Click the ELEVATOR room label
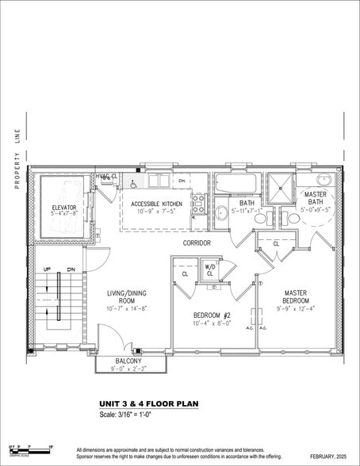[63, 207]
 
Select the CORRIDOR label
[196, 243]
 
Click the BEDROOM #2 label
[213, 315]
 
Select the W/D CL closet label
[210, 269]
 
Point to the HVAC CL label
[106, 176]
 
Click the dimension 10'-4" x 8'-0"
[213, 323]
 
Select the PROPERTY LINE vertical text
[15, 159]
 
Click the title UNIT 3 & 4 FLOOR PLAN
[148, 403]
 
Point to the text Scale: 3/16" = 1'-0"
[132, 415]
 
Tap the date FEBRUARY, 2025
[328, 457]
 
